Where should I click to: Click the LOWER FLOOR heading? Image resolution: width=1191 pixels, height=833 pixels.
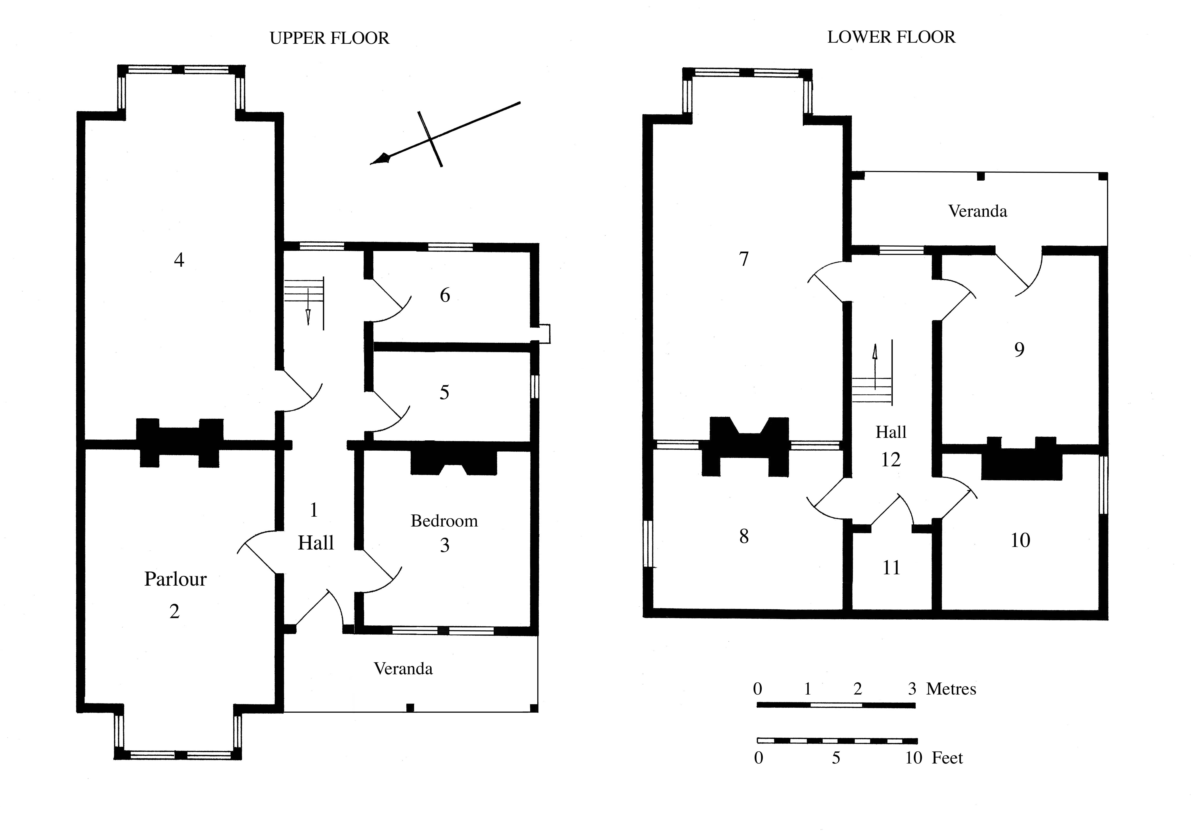[891, 37]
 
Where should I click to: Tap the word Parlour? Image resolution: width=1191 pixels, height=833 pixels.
[175, 579]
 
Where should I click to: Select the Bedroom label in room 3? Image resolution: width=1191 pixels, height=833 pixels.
[444, 521]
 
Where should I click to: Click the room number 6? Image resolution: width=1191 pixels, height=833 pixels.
[445, 295]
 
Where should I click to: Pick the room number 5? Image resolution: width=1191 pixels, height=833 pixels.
[444, 393]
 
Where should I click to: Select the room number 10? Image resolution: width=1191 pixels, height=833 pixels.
[1020, 540]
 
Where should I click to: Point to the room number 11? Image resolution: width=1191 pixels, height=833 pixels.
[891, 568]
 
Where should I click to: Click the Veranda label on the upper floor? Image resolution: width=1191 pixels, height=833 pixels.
[403, 669]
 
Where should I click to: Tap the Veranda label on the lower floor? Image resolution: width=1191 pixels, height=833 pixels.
[977, 211]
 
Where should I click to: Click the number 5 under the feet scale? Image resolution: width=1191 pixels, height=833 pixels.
[836, 758]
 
